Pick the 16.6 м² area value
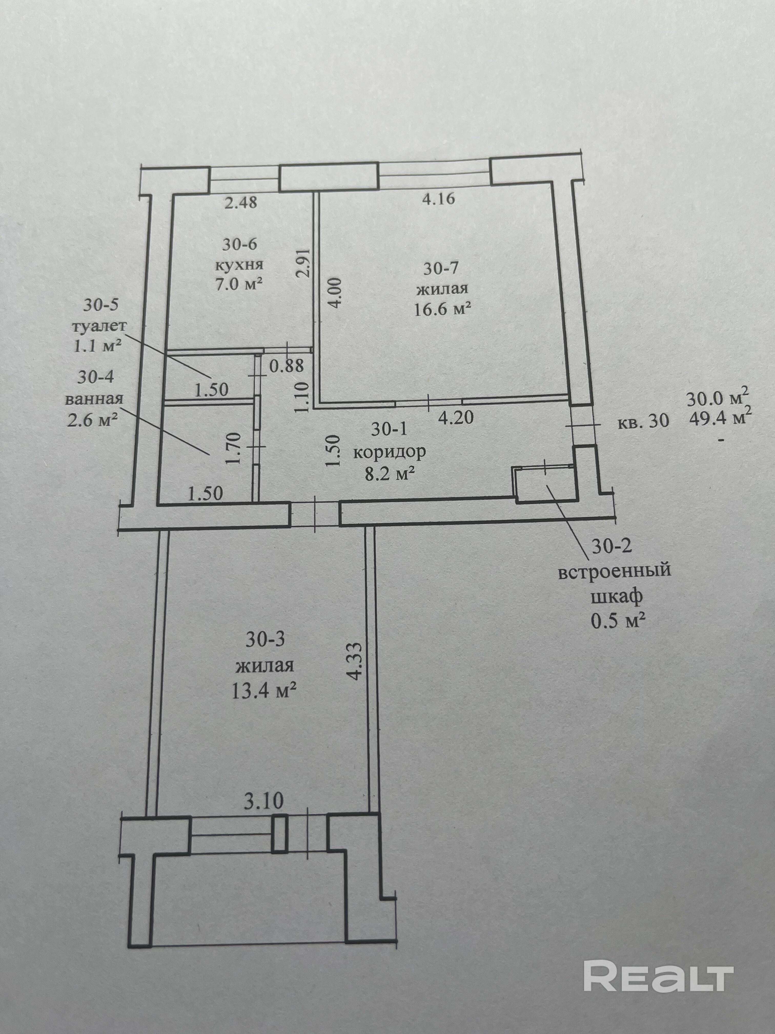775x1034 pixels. click(x=442, y=309)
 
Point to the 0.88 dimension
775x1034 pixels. click(x=286, y=365)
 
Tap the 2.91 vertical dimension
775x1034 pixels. click(x=304, y=263)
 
